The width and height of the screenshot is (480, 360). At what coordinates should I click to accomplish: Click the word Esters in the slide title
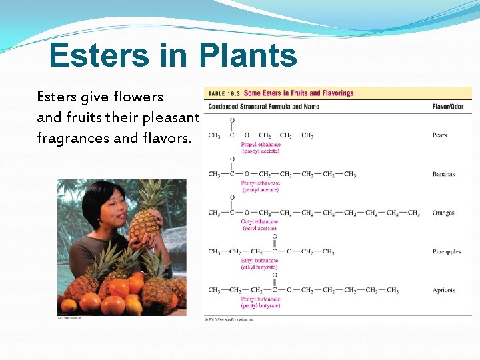point(98,55)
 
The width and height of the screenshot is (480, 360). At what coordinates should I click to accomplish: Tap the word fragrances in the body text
point(74,139)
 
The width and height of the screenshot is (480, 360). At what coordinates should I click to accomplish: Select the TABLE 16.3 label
point(225,93)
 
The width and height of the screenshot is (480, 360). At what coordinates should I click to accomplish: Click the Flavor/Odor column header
point(448,106)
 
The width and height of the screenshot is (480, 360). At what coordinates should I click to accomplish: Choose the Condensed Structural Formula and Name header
point(263,106)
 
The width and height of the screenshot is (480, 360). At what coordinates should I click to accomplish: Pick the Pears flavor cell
point(439,135)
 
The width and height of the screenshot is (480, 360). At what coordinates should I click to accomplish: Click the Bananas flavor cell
point(443,174)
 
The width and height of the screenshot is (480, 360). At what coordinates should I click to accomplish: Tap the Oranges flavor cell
point(443,213)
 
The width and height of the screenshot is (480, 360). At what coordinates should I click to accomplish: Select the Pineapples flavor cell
point(446,251)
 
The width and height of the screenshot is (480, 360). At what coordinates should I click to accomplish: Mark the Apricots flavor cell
point(443,290)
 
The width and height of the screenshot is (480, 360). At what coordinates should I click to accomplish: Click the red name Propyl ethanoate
point(261,144)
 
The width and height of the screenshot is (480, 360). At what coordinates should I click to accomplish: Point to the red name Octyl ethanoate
point(259,221)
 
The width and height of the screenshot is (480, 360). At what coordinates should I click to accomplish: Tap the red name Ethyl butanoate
point(260,260)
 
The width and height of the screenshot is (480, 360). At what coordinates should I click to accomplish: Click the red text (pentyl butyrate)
point(261,305)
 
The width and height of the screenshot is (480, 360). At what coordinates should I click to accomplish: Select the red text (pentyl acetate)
point(261,189)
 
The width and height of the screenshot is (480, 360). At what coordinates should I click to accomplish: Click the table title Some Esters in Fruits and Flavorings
point(299,93)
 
